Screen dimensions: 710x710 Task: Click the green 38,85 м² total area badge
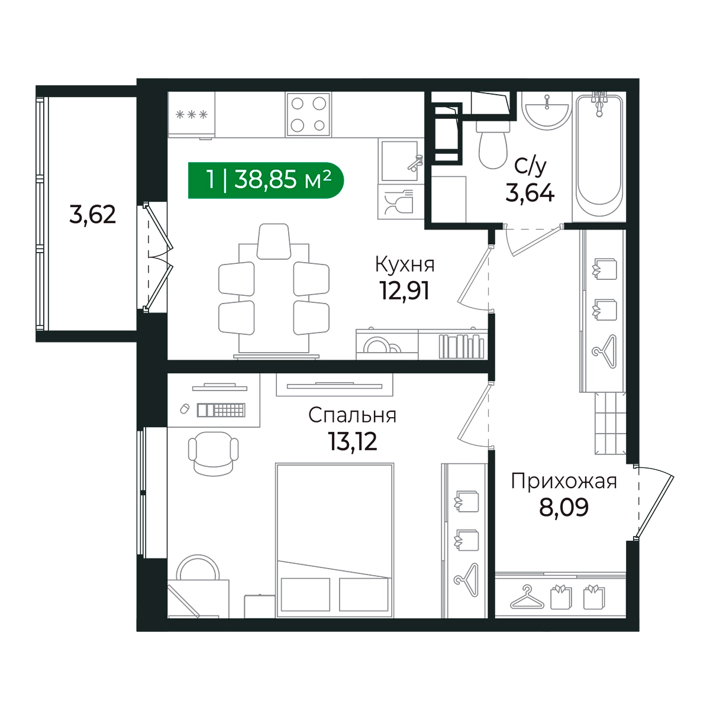coord(266,180)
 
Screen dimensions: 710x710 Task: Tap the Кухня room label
coord(405,264)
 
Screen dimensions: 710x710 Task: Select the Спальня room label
coord(352,415)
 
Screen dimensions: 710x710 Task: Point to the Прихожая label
coord(564,481)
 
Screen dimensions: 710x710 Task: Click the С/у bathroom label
coord(530,166)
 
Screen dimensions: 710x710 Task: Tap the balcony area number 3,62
coord(92,215)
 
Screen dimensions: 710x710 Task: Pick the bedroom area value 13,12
coord(352,441)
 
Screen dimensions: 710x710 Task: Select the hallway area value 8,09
coord(564,507)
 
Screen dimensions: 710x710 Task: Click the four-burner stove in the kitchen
coord(308,115)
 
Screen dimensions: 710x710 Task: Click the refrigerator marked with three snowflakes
coord(191,115)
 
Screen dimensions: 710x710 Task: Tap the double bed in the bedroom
coord(334,540)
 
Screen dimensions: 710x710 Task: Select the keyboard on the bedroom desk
coord(221,410)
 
